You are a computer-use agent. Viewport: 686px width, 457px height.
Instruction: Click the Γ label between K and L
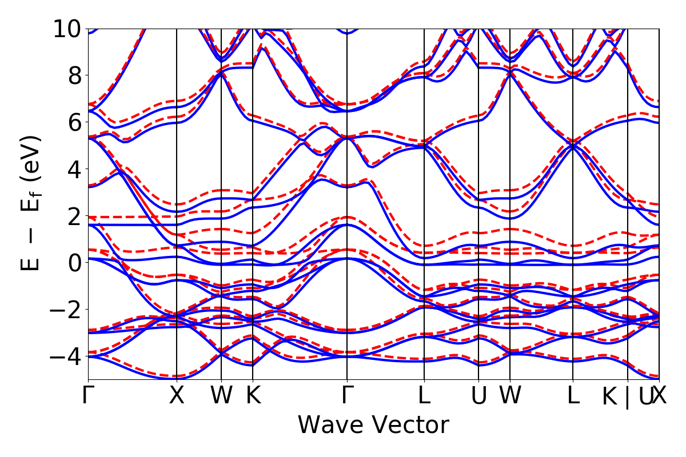pyautogui.click(x=347, y=395)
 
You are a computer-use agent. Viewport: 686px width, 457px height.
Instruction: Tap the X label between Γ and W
pyautogui.click(x=177, y=395)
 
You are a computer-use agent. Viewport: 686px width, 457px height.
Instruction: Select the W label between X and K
pyautogui.click(x=221, y=395)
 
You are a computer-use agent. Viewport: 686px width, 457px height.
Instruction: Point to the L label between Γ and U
pyautogui.click(x=424, y=395)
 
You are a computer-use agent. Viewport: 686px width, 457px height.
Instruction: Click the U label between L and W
pyautogui.click(x=478, y=395)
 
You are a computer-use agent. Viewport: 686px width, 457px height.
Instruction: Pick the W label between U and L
pyautogui.click(x=510, y=395)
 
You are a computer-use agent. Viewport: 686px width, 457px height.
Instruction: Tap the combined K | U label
pyautogui.click(x=627, y=396)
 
